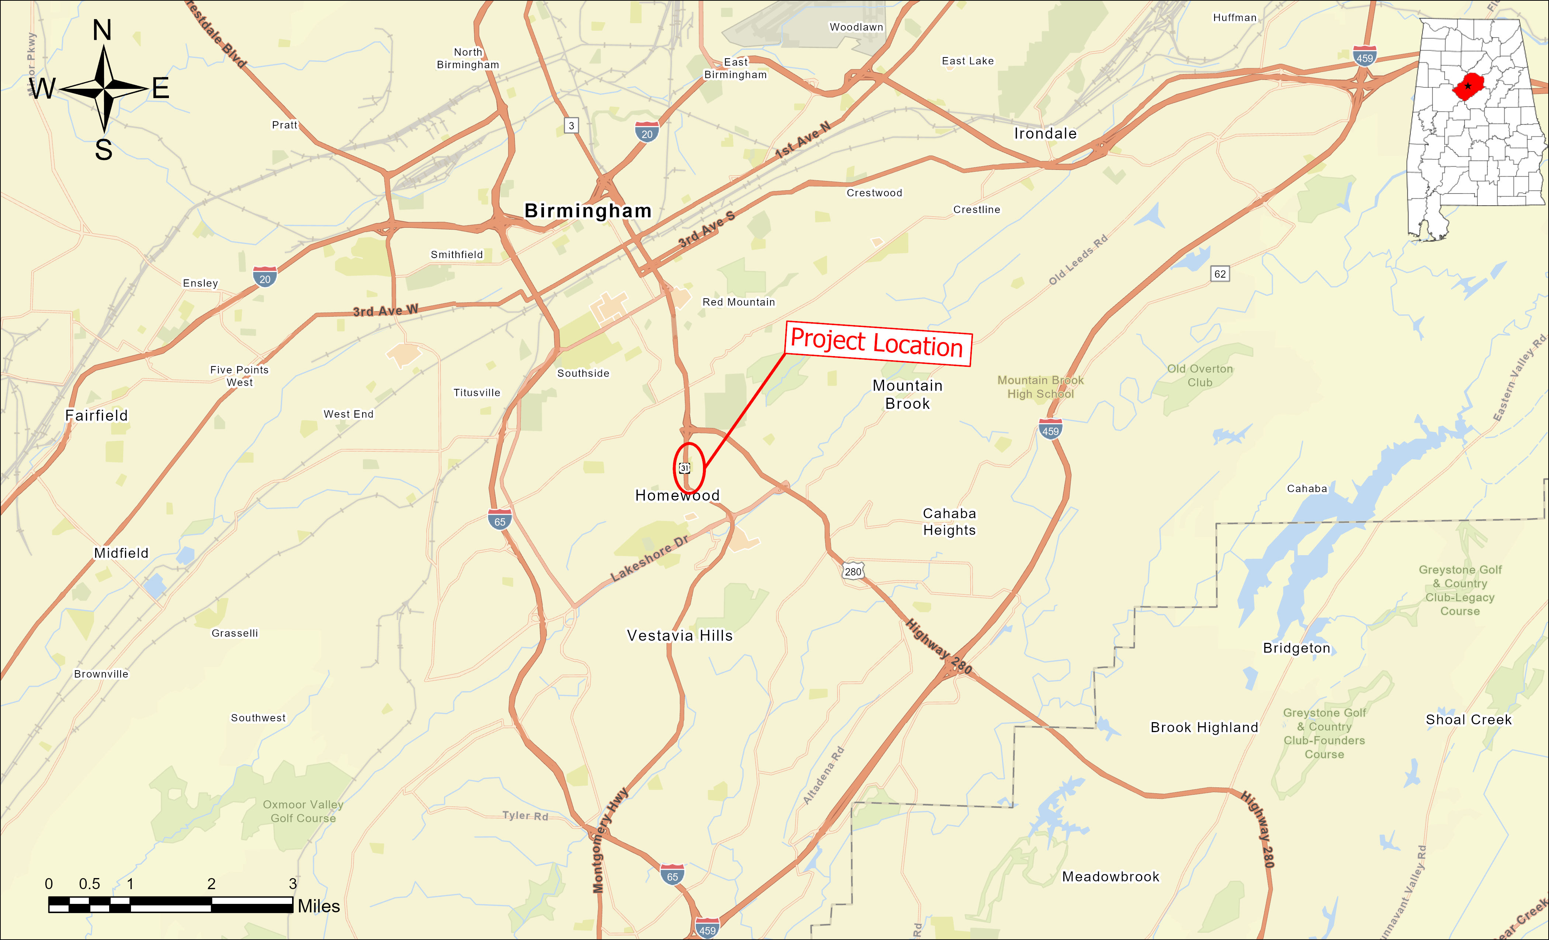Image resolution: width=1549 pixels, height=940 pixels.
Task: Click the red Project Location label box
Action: (878, 344)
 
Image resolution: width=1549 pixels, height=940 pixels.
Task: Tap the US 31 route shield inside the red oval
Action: (685, 467)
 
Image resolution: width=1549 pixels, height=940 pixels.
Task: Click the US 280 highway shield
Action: (853, 571)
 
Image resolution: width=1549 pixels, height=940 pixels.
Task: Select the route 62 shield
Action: (1220, 274)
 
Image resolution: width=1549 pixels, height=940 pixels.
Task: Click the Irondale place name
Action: (1045, 133)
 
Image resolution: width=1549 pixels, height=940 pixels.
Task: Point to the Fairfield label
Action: (96, 415)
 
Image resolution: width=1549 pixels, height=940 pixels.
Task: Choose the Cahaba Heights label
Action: (949, 522)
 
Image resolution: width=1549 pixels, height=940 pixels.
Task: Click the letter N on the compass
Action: (103, 30)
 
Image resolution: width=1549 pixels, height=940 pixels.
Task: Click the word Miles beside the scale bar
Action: (319, 906)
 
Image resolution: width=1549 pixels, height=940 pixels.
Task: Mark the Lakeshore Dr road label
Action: (649, 558)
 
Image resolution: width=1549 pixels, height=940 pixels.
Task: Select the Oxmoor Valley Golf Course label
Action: (303, 811)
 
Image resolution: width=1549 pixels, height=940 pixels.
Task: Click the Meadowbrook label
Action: (1110, 877)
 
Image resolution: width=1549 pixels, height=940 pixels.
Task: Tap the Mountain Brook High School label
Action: (1040, 387)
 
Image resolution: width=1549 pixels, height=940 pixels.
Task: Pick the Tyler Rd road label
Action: (525, 815)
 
